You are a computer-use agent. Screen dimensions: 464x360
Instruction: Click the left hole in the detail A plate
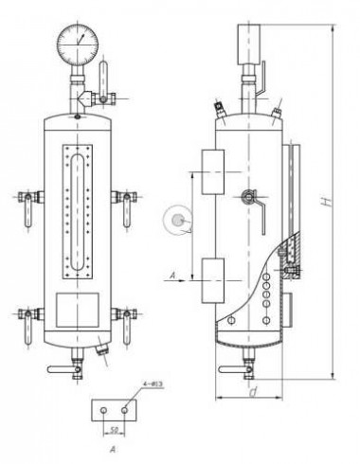[101, 409]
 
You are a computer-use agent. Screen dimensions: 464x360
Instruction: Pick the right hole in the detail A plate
[124, 409]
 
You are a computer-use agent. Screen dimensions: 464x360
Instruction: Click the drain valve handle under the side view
[232, 369]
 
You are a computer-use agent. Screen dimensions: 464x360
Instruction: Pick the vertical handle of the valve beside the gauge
[103, 71]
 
